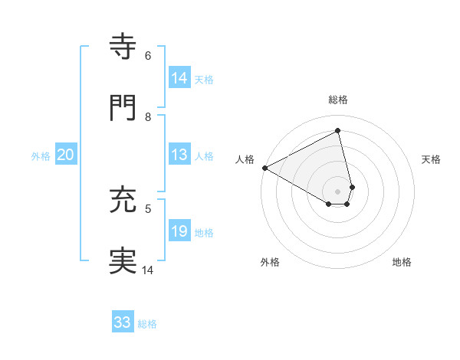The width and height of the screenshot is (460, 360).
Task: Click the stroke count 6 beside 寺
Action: click(x=148, y=56)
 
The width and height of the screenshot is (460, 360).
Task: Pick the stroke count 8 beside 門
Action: click(x=148, y=116)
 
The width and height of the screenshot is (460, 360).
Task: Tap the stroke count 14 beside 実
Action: click(x=148, y=270)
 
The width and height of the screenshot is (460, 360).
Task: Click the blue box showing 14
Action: click(x=179, y=78)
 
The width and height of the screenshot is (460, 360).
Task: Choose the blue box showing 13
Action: click(x=179, y=155)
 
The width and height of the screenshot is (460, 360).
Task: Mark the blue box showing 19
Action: click(x=179, y=231)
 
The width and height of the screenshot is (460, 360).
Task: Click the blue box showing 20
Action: click(x=66, y=155)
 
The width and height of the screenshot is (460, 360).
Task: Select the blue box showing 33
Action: click(x=123, y=322)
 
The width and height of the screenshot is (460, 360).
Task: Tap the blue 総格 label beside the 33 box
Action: click(x=147, y=324)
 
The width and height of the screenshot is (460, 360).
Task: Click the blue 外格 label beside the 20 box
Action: click(x=41, y=156)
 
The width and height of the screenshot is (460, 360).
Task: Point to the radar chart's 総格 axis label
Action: click(x=338, y=100)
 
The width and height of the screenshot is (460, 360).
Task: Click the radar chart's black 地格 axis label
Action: click(x=402, y=263)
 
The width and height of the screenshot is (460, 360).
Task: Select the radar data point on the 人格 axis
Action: click(x=264, y=168)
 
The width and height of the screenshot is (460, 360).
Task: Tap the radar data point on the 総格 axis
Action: click(x=338, y=130)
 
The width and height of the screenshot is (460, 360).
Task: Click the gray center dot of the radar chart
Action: click(x=338, y=191)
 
